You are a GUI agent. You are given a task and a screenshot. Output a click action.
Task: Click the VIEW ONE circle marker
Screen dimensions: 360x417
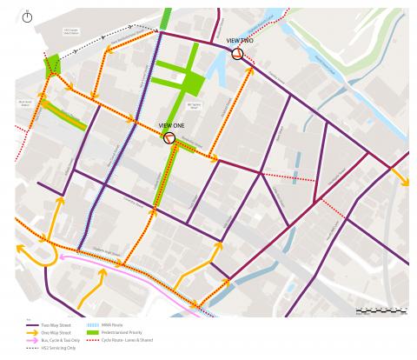(x=169, y=137)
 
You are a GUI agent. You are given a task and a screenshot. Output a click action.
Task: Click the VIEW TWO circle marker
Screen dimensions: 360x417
(x=237, y=53)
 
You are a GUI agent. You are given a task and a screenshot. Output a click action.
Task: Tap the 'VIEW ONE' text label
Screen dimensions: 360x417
(x=171, y=125)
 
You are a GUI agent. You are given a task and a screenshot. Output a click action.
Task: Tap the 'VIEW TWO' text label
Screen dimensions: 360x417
(x=239, y=41)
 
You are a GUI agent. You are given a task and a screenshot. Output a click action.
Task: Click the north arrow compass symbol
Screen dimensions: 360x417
(x=28, y=17)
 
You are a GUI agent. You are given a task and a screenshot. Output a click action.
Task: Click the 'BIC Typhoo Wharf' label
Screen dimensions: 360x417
(x=195, y=106)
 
